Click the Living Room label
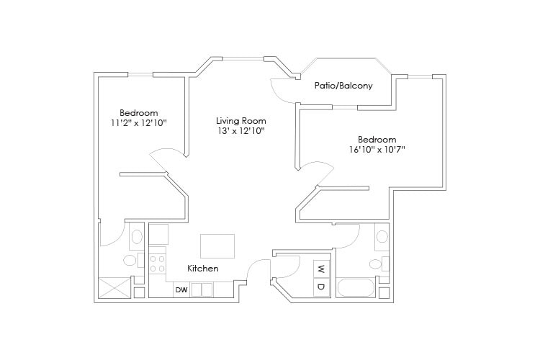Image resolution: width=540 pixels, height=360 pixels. [241, 121]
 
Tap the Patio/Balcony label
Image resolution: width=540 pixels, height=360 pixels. [343, 86]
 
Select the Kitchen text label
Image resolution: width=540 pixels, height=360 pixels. [203, 269]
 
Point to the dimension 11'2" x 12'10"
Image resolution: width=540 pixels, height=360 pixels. [138, 123]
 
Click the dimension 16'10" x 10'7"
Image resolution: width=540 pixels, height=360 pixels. [377, 150]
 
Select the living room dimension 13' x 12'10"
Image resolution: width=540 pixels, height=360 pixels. [241, 131]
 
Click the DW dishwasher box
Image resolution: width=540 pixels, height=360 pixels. [181, 290]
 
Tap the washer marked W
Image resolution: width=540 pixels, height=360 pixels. [320, 270]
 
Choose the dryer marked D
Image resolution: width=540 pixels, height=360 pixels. [320, 287]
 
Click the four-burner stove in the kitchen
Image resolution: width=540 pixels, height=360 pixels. [157, 262]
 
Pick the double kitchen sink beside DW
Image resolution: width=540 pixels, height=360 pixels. [202, 290]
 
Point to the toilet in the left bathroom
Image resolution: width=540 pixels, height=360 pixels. [130, 260]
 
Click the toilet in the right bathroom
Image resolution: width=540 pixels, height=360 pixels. [374, 263]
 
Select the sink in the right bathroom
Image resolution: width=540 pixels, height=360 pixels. [382, 237]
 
